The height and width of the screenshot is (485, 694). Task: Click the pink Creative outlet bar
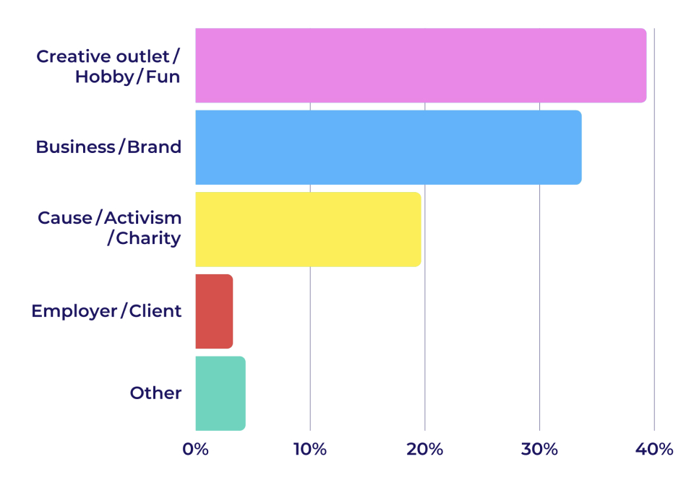(x=421, y=65)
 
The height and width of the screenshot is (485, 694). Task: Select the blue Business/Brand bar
(x=388, y=147)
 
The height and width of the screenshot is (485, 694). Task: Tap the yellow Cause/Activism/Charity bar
(x=308, y=229)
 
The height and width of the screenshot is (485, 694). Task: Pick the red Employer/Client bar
(x=214, y=311)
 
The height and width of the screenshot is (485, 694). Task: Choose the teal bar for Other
(x=220, y=393)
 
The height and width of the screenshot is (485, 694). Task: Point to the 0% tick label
(x=195, y=449)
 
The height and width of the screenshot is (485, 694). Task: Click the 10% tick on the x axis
(x=310, y=449)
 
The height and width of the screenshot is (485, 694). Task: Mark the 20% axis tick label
(x=424, y=449)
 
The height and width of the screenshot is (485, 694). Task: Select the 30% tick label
(x=539, y=449)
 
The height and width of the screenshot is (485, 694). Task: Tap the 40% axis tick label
(x=654, y=449)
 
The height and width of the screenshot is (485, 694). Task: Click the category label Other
(x=155, y=393)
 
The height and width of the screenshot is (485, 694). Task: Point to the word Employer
(x=74, y=311)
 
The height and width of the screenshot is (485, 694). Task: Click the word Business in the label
(x=75, y=147)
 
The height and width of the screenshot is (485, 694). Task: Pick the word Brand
(x=155, y=147)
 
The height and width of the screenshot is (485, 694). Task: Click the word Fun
(x=163, y=77)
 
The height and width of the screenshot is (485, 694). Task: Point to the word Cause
(x=64, y=217)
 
